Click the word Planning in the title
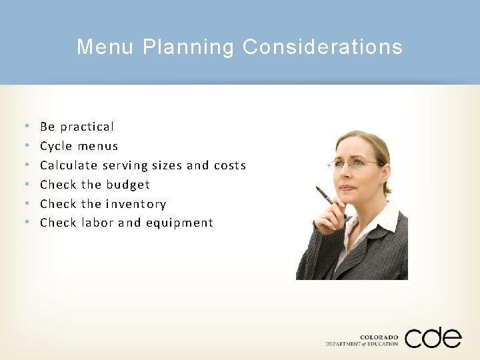(189, 47)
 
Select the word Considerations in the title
(323, 47)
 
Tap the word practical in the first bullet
(87, 127)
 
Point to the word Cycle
(56, 146)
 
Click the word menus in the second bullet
(97, 146)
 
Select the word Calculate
(69, 165)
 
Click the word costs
(230, 165)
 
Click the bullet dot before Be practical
(25, 127)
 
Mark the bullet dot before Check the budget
(25, 185)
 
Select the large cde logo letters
(433, 337)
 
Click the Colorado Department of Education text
(362, 341)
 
